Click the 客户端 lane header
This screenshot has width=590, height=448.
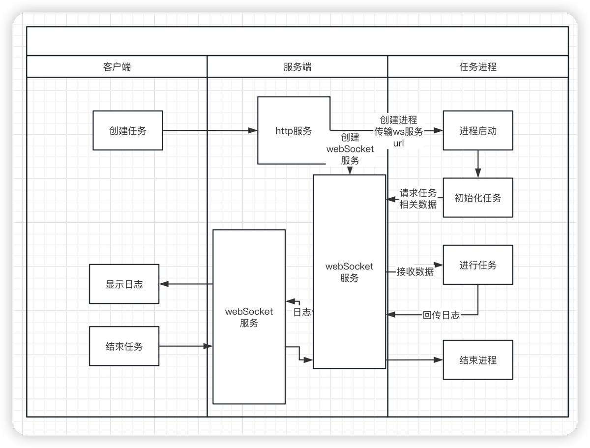[117, 67]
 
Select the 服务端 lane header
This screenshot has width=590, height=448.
[297, 67]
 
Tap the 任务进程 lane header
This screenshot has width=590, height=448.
[477, 67]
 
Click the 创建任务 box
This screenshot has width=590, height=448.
[128, 130]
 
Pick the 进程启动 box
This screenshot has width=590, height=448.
[478, 130]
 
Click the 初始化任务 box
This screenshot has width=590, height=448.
[478, 198]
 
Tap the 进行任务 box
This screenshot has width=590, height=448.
[478, 265]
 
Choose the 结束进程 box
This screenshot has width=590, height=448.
[478, 360]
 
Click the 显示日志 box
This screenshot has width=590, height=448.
[124, 284]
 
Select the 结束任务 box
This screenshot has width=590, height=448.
[124, 346]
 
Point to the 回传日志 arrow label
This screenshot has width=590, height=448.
[441, 315]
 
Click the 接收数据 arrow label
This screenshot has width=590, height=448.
[415, 271]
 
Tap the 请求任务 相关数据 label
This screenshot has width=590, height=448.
[418, 199]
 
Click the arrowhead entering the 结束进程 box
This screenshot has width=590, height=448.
[439, 360]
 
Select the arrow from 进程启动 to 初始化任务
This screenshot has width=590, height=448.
[478, 164]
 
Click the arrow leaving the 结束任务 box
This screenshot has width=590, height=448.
[184, 346]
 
